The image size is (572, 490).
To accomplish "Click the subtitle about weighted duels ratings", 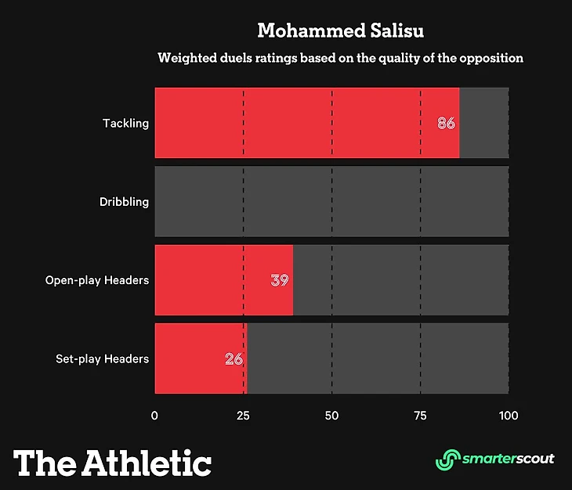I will click(x=340, y=58).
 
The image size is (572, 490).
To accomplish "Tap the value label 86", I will click(x=446, y=124).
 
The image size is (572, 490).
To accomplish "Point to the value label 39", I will click(x=280, y=279).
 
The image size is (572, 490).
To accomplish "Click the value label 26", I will click(x=234, y=359).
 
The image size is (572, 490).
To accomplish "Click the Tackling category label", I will click(x=125, y=124).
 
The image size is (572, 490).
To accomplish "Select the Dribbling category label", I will click(x=124, y=202).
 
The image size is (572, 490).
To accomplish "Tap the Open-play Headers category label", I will click(x=97, y=280).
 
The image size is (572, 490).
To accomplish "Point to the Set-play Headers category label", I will click(x=102, y=359).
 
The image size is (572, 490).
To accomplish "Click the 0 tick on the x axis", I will click(x=154, y=415).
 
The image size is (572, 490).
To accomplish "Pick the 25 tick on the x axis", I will click(x=243, y=415).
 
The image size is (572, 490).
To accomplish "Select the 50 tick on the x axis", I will click(x=332, y=415).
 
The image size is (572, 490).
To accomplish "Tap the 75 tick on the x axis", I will click(x=421, y=415).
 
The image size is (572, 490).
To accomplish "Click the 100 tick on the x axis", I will click(x=509, y=415).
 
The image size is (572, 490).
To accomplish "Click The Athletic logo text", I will click(x=113, y=462).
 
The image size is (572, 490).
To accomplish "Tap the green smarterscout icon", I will click(x=447, y=459).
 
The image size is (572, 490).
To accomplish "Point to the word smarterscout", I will click(x=508, y=459).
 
